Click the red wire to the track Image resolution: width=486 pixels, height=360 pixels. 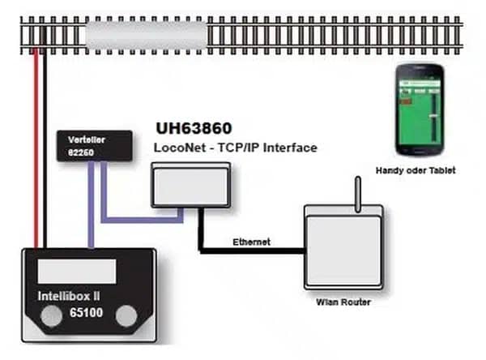click(x=36, y=146)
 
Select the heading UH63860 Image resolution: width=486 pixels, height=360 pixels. click(x=195, y=129)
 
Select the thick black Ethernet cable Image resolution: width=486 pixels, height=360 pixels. click(x=243, y=251)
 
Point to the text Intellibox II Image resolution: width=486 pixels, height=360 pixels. click(x=78, y=295)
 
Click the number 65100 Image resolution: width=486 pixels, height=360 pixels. click(x=85, y=311)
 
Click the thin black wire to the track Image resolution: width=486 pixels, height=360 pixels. click(x=46, y=146)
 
